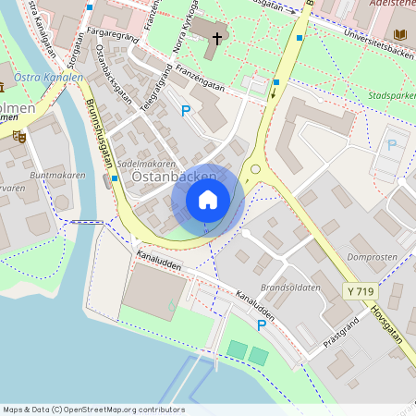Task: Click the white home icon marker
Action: click(x=208, y=199)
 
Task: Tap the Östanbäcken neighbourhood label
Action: click(x=163, y=176)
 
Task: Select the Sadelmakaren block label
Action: click(x=146, y=163)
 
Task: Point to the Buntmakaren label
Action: click(x=57, y=175)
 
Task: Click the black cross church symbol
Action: click(x=218, y=39)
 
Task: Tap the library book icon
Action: click(x=399, y=35)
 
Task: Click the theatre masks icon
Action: click(x=18, y=136)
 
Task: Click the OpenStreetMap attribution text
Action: click(x=94, y=410)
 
